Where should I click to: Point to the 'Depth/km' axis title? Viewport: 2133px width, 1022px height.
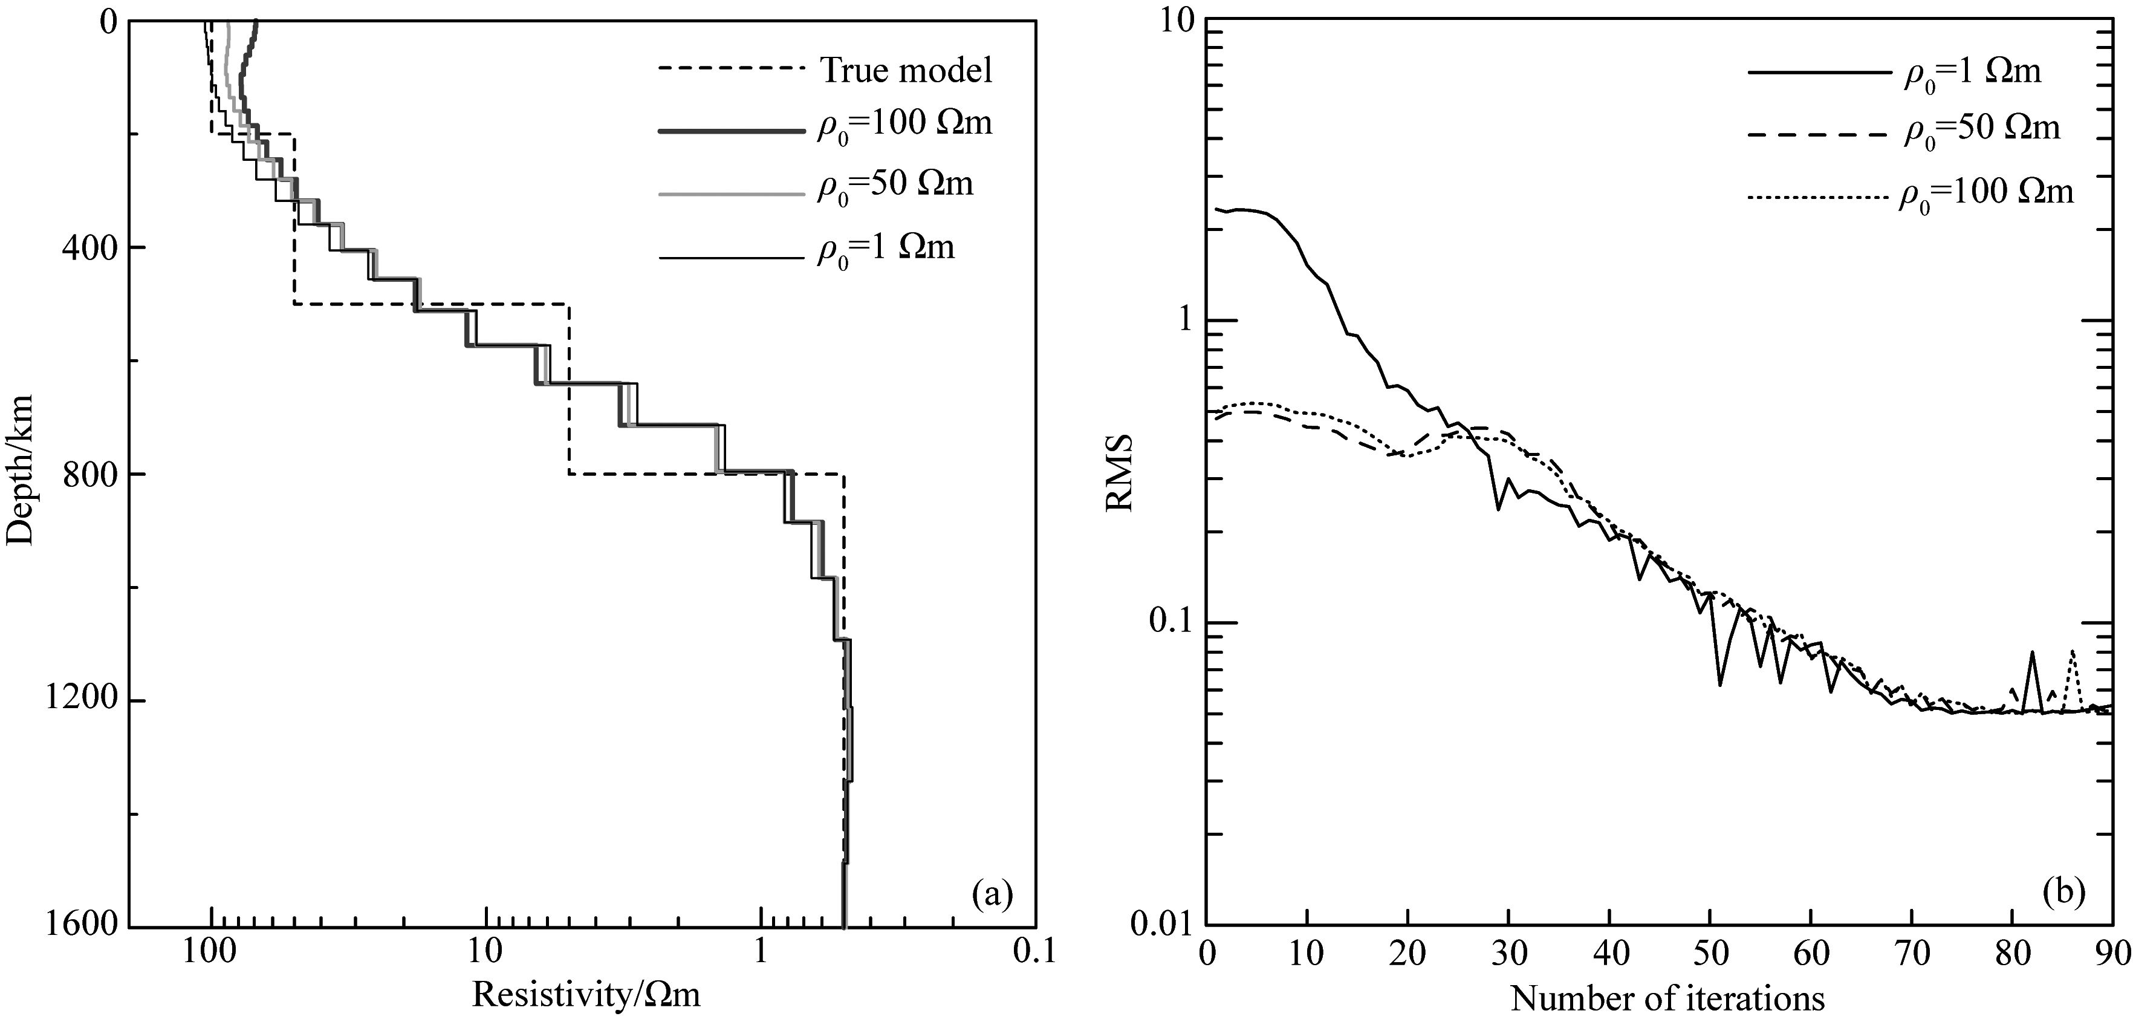point(20,470)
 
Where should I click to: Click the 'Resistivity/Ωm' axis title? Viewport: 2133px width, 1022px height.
point(586,994)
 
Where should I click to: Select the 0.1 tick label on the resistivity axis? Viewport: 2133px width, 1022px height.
point(1034,953)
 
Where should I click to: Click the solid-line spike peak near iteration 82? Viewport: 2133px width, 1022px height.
point(2032,653)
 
